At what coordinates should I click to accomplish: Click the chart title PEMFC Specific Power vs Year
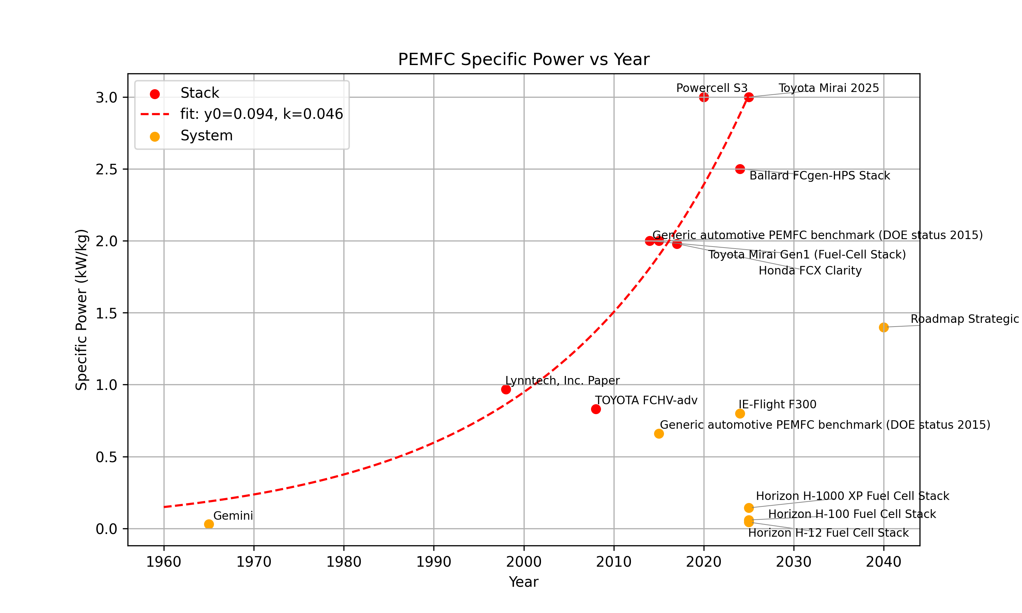pyautogui.click(x=523, y=60)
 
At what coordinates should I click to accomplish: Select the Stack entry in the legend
pyautogui.click(x=200, y=93)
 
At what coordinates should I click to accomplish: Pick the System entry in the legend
pyautogui.click(x=206, y=136)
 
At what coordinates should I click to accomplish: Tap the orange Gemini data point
pyautogui.click(x=209, y=524)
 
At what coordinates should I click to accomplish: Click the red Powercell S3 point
pyautogui.click(x=704, y=97)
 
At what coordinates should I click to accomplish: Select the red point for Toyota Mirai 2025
pyautogui.click(x=749, y=97)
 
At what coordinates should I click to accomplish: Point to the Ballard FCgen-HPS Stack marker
pyautogui.click(x=740, y=169)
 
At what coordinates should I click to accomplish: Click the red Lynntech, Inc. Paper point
pyautogui.click(x=506, y=389)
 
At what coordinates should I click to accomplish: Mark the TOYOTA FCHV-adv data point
pyautogui.click(x=596, y=409)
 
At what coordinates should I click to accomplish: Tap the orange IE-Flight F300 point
pyautogui.click(x=740, y=413)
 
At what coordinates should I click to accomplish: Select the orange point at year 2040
pyautogui.click(x=884, y=327)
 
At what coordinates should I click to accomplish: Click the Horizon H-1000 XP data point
pyautogui.click(x=749, y=508)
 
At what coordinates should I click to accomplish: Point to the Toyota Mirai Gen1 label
pyautogui.click(x=807, y=254)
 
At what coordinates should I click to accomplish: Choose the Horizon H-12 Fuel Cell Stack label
pyautogui.click(x=828, y=533)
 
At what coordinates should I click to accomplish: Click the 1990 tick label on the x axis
pyautogui.click(x=434, y=562)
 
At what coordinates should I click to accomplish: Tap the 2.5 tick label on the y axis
pyautogui.click(x=106, y=169)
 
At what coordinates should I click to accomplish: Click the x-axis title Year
pyautogui.click(x=523, y=582)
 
